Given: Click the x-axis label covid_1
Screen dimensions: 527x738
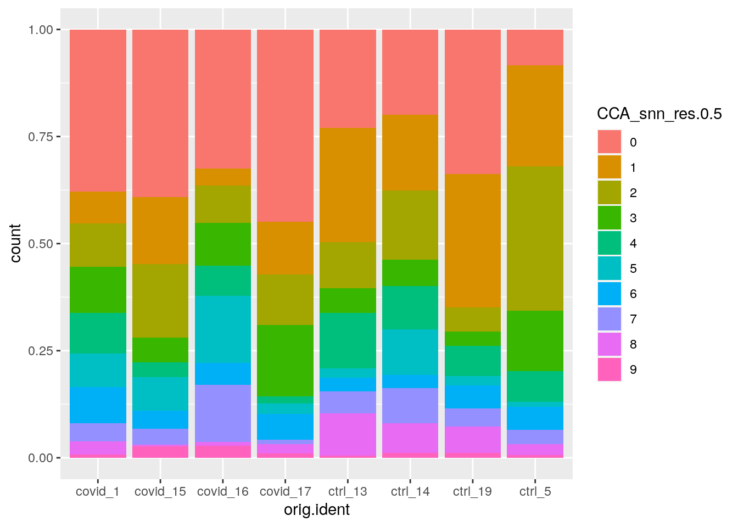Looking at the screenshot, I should [98, 492].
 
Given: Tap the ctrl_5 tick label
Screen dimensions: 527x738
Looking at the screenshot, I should [535, 492].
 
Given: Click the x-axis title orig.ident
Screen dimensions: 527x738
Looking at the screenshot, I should [316, 510].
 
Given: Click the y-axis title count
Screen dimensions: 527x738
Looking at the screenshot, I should [15, 243].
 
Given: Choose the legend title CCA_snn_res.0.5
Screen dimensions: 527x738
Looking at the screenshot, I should [659, 114].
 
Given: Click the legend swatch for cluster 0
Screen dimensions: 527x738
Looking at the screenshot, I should [610, 142].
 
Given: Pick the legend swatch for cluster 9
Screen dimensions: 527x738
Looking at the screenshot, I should [610, 369].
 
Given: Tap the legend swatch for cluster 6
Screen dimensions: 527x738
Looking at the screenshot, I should [610, 294].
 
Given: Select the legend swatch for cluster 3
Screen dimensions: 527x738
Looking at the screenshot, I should [610, 218].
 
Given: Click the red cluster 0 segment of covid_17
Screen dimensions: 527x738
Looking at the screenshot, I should [285, 125].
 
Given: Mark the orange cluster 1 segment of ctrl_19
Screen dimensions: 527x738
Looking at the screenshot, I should [472, 240].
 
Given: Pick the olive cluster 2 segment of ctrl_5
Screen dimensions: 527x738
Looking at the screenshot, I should [535, 238].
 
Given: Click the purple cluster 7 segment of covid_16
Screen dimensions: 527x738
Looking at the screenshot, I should [222, 413].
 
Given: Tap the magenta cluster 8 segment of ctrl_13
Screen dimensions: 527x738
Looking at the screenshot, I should [348, 434].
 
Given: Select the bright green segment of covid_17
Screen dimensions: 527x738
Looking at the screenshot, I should [285, 360].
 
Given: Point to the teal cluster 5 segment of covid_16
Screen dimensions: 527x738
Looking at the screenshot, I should [222, 329].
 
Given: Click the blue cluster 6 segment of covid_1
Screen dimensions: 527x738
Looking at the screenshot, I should [98, 405].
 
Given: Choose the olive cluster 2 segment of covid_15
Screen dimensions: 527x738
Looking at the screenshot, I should [160, 301].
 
